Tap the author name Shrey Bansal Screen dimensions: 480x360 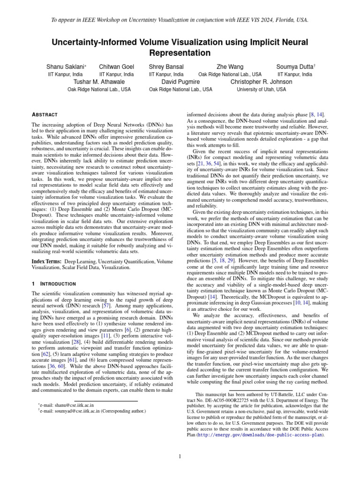[x=166, y=67]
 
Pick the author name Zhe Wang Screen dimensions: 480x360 [x=230, y=67]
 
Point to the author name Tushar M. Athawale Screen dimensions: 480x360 [x=99, y=82]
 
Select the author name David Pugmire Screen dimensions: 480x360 [x=180, y=82]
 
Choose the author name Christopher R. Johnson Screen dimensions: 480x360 [x=261, y=82]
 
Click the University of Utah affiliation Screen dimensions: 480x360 [x=261, y=89]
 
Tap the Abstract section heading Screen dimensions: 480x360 [x=45, y=114]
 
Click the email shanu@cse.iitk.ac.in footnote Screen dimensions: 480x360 [x=67, y=405]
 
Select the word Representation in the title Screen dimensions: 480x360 [x=180, y=52]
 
